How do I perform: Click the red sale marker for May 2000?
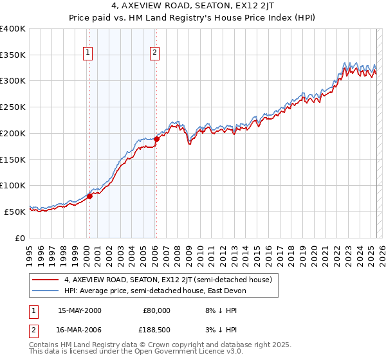90,196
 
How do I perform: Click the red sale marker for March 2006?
156,139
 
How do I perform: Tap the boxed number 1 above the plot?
87,53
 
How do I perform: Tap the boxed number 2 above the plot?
155,53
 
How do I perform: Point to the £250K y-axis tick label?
13,107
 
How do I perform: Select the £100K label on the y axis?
13,185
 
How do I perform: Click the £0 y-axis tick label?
21,238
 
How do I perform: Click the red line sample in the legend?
45,280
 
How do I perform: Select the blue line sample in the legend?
45,291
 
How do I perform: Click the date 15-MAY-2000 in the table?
80,310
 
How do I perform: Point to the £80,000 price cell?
155,310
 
